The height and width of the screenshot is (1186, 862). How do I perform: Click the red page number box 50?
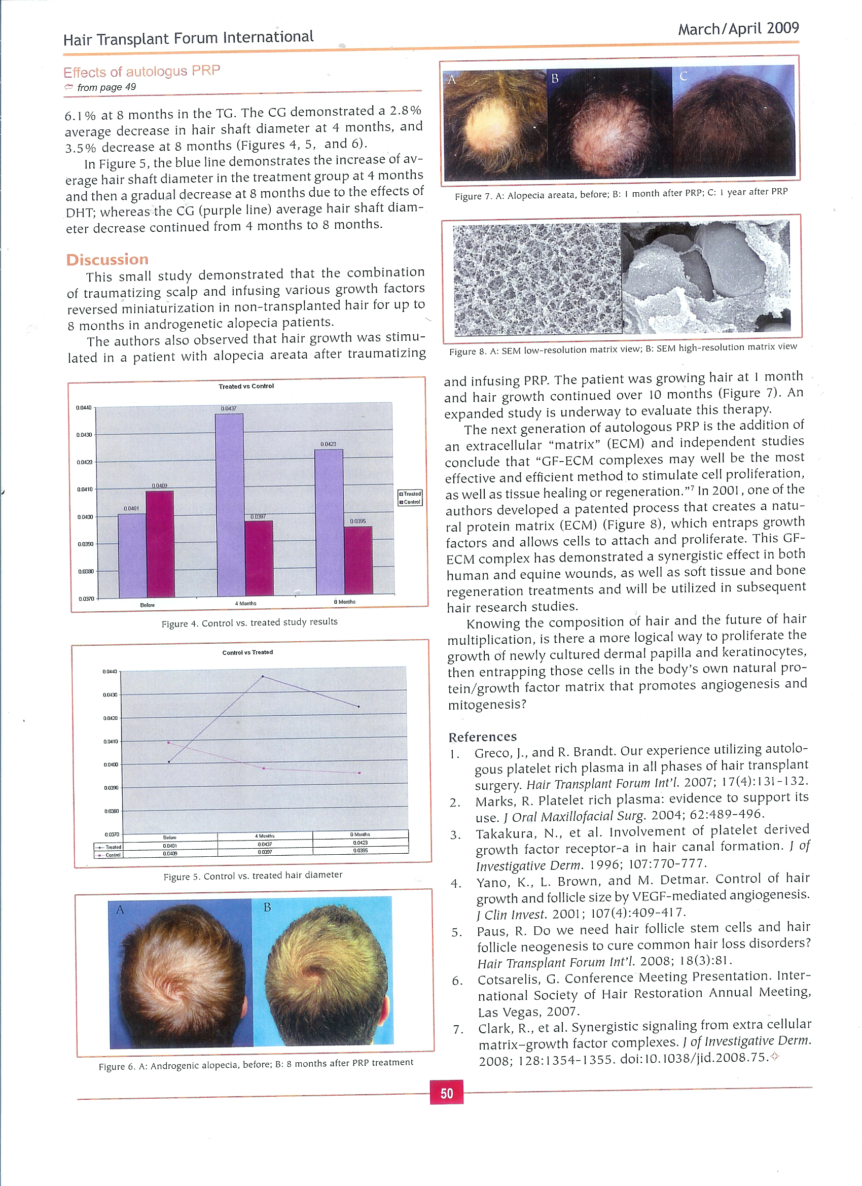pyautogui.click(x=446, y=1093)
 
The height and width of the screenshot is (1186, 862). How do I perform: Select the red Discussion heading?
pyautogui.click(x=107, y=259)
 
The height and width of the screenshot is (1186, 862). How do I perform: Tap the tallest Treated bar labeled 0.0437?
pyautogui.click(x=229, y=502)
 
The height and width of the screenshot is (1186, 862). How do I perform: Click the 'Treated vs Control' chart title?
pyautogui.click(x=246, y=387)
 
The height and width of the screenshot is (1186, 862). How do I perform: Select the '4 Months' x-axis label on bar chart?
pyautogui.click(x=245, y=603)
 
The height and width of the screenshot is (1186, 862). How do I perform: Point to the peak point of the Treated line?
pyautogui.click(x=263, y=676)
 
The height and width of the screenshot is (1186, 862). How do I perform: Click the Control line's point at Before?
pyautogui.click(x=168, y=742)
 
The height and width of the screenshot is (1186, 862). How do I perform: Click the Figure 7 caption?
pyautogui.click(x=621, y=193)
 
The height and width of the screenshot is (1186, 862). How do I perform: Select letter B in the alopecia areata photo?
pyautogui.click(x=555, y=79)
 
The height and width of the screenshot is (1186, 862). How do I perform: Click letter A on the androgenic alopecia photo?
pyautogui.click(x=120, y=910)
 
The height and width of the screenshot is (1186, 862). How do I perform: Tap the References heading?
pyautogui.click(x=482, y=737)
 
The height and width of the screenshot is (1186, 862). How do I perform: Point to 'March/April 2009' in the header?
pyautogui.click(x=738, y=29)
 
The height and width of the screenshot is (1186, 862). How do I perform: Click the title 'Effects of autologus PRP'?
pyautogui.click(x=141, y=71)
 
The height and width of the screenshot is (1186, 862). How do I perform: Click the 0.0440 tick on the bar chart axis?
pyautogui.click(x=84, y=407)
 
